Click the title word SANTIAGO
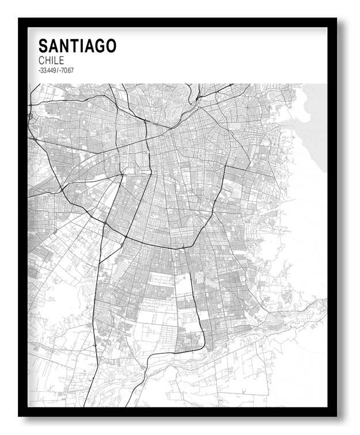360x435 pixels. [x=77, y=46]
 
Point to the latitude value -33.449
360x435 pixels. [x=47, y=70]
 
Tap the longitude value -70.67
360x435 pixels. [x=67, y=70]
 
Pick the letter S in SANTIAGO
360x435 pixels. [x=43, y=46]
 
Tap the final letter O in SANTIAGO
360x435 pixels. [x=110, y=46]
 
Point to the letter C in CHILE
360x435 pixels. [x=41, y=60]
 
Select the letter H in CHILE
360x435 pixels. [x=48, y=60]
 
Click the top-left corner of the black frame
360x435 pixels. [x=20, y=20]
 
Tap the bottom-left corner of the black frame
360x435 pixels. [x=20, y=415]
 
